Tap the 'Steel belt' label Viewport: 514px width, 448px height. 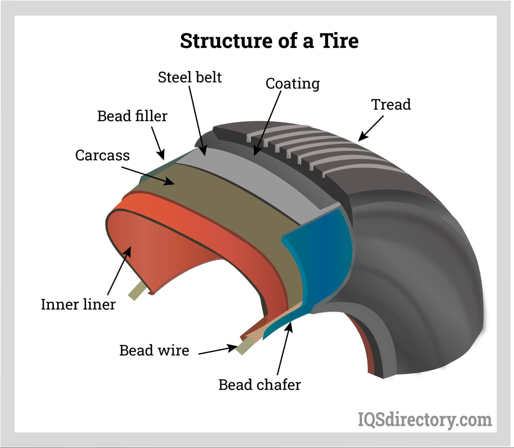click(x=190, y=77)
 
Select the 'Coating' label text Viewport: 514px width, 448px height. click(x=293, y=84)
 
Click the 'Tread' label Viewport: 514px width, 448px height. click(x=391, y=105)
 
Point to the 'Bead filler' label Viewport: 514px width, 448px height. click(x=132, y=116)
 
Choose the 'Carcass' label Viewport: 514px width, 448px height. click(x=102, y=156)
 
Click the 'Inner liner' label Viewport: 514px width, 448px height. click(x=78, y=305)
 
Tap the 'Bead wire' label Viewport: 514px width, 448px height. click(x=154, y=351)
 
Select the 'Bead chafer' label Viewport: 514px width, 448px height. click(x=259, y=385)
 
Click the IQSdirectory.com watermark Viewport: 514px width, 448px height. click(x=425, y=420)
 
